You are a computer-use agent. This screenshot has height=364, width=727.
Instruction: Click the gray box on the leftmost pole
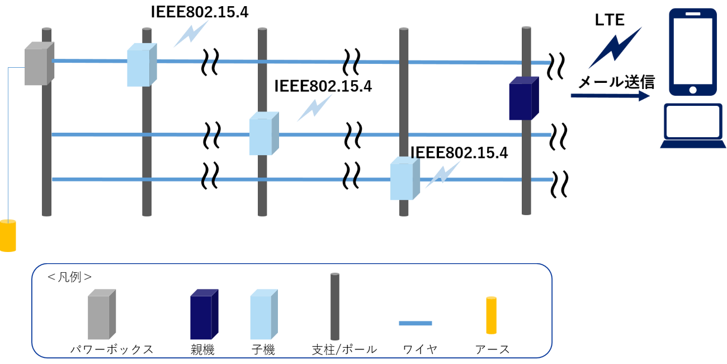(39, 64)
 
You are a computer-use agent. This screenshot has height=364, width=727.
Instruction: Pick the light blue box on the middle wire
(263, 134)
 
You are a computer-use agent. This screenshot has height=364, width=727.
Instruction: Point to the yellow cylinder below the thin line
(8, 236)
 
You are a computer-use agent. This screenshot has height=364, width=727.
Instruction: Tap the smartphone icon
(693, 52)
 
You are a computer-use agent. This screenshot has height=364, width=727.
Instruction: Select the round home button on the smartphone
(693, 90)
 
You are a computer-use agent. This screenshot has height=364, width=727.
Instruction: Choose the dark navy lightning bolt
(615, 48)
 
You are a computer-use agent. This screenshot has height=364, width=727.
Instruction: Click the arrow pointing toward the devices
(610, 96)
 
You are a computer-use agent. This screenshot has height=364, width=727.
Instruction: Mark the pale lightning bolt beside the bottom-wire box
(443, 174)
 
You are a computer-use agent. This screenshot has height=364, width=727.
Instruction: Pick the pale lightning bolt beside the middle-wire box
(315, 107)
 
